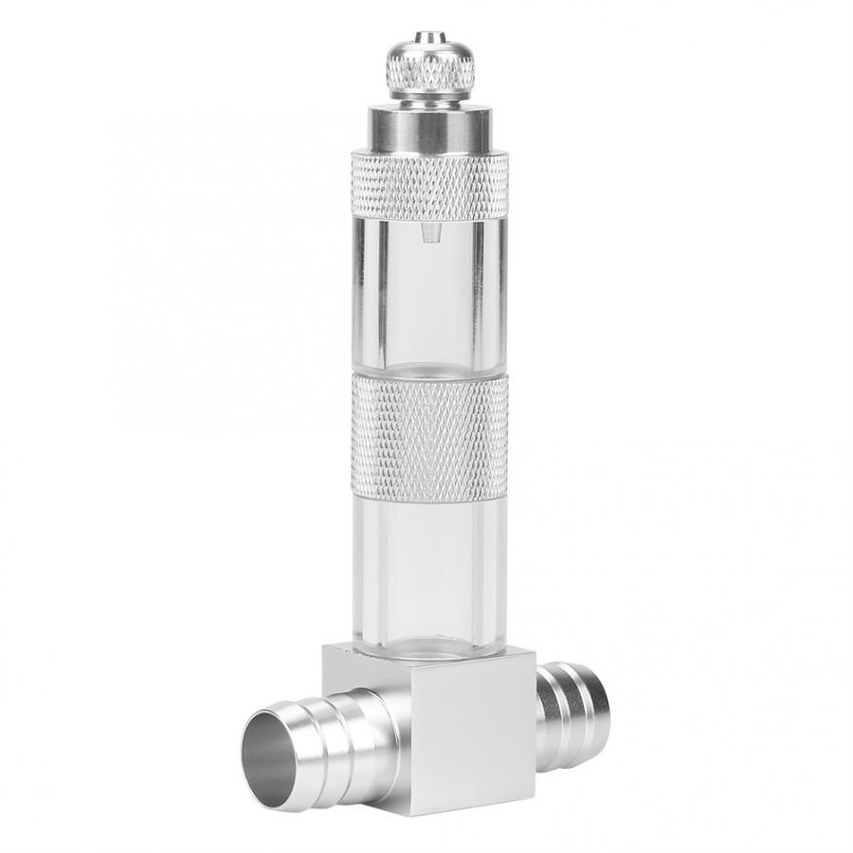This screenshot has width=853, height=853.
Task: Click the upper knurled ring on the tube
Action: [x=428, y=185]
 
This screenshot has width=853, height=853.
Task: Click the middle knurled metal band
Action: [x=428, y=426]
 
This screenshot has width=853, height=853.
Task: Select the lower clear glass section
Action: [x=428, y=569]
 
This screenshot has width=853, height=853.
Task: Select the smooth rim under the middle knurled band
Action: [x=428, y=495]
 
